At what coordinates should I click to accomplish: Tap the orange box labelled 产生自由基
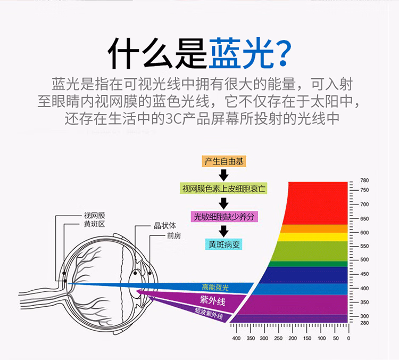tap(223, 161)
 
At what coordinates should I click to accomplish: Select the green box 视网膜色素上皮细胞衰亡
tap(223, 189)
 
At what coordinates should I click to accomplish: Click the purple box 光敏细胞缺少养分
tap(223, 216)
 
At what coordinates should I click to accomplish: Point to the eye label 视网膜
tap(95, 216)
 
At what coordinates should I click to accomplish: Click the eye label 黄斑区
tap(95, 224)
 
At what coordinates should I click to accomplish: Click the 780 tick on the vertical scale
tap(364, 181)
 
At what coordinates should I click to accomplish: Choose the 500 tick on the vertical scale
tap(364, 260)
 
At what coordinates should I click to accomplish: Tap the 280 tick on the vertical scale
tap(364, 323)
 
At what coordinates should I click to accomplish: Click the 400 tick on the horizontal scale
tap(237, 338)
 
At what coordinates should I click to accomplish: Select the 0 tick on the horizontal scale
tap(348, 338)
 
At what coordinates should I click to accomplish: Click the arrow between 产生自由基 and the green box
tap(223, 175)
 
